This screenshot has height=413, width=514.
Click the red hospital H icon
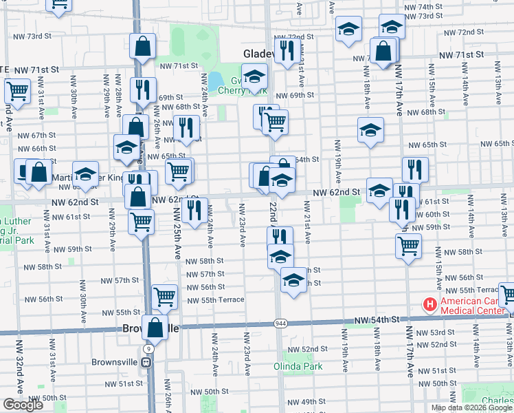click(430, 304)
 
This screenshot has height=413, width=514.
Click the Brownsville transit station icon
click(146, 363)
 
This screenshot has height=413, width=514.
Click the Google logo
click(23, 405)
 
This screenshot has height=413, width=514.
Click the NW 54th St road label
click(377, 321)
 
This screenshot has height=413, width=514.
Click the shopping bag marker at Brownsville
click(155, 327)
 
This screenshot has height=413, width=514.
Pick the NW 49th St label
click(303, 402)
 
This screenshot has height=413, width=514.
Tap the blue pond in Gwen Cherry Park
click(215, 81)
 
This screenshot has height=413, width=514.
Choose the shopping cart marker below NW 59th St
click(408, 244)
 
